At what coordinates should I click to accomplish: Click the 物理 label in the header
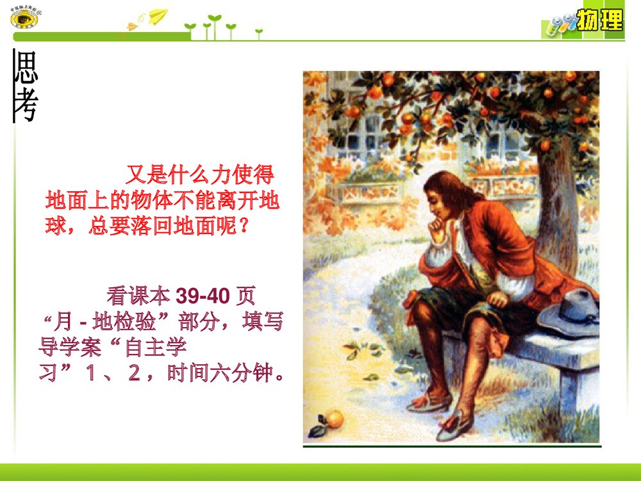point(599,21)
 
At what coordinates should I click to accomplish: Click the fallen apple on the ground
point(335,419)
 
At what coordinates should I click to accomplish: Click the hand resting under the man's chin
point(438,229)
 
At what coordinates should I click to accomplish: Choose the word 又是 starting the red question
point(144,174)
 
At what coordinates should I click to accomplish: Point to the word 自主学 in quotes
point(156,349)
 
